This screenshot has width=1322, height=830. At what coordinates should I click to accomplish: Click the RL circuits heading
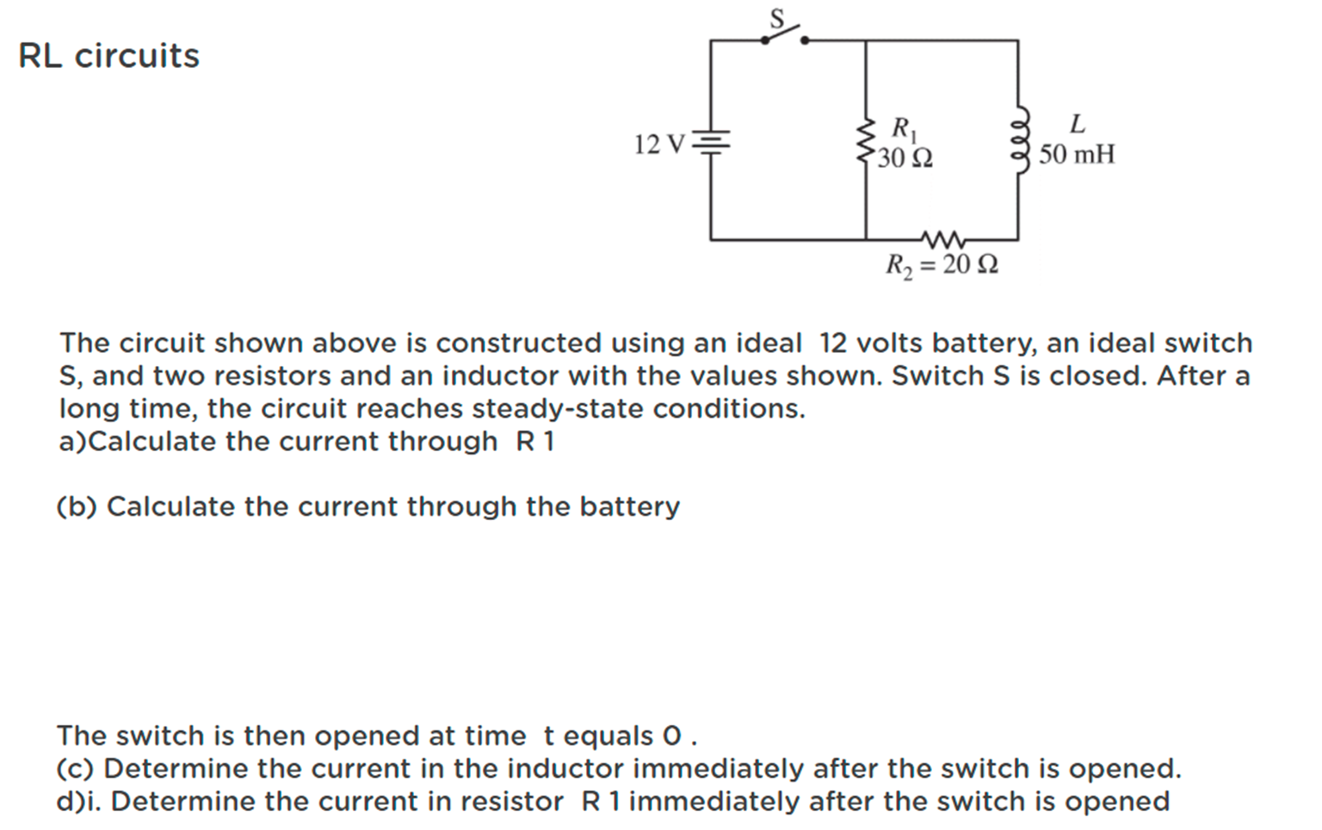pyautogui.click(x=108, y=56)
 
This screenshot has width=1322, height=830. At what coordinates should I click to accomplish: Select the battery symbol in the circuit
pyautogui.click(x=711, y=142)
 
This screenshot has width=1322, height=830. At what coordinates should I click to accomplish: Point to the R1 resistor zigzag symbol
pyautogui.click(x=864, y=143)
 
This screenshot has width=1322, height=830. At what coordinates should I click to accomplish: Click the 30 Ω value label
pyautogui.click(x=905, y=158)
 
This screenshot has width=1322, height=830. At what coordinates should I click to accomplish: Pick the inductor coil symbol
pyautogui.click(x=1020, y=140)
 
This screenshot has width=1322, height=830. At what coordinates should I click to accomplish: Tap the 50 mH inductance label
pyautogui.click(x=1076, y=155)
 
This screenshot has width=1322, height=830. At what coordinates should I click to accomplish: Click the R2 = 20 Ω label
pyautogui.click(x=942, y=263)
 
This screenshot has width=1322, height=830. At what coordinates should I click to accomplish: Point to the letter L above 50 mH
pyautogui.click(x=1077, y=124)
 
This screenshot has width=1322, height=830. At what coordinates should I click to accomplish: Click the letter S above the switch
pyautogui.click(x=777, y=17)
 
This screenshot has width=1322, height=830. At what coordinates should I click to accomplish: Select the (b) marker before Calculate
pyautogui.click(x=77, y=506)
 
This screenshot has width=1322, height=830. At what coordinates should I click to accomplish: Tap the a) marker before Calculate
pyautogui.click(x=73, y=441)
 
